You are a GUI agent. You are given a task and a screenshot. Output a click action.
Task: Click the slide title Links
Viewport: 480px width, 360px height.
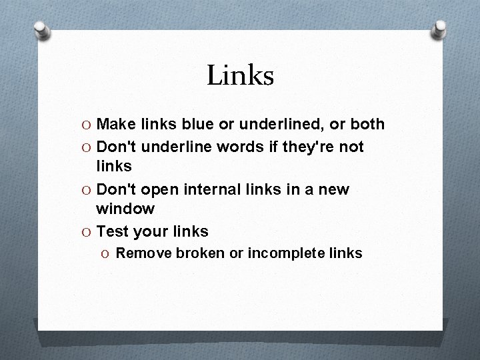click(x=240, y=75)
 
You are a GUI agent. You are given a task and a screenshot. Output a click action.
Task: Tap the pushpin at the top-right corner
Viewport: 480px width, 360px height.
click(x=439, y=30)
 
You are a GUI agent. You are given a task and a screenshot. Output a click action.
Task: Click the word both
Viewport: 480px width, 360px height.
click(x=367, y=124)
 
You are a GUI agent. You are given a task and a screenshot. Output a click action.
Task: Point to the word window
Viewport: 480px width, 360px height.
click(x=125, y=209)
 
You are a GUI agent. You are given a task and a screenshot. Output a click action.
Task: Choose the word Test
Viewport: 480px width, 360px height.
click(x=113, y=232)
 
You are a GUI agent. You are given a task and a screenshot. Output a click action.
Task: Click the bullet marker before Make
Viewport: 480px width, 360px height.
click(x=87, y=125)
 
